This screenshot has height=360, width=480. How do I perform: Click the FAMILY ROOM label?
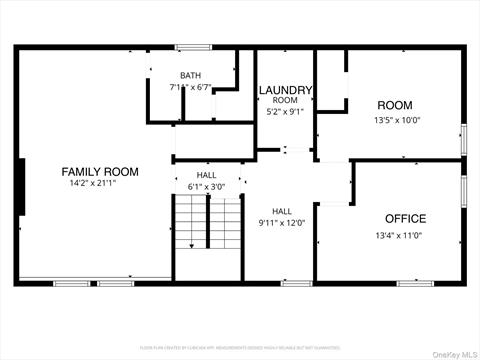pos(99,172)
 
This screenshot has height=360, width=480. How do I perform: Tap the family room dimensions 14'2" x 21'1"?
pos(99,184)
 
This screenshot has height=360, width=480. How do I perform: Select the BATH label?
pos(190,76)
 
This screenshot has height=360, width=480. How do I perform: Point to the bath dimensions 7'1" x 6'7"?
pos(190,88)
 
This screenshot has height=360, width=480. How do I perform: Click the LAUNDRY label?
pos(286,91)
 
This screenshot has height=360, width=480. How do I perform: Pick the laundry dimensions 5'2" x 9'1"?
pos(286,112)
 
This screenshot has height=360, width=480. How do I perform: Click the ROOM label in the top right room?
pos(394,105)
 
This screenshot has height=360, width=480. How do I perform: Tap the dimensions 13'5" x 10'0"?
pos(397,121)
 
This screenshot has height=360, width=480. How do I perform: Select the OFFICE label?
pos(405,218)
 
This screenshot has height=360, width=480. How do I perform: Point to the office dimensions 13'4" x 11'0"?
pos(398,236)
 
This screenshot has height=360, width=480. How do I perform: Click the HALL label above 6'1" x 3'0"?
pos(206,175)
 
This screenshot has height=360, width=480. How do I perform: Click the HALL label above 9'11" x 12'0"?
pos(282,211)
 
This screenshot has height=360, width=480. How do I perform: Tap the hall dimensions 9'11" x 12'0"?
pos(282,223)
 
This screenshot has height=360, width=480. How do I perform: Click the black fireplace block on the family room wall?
pos(21,186)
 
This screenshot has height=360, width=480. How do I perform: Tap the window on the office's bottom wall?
pos(414,283)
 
